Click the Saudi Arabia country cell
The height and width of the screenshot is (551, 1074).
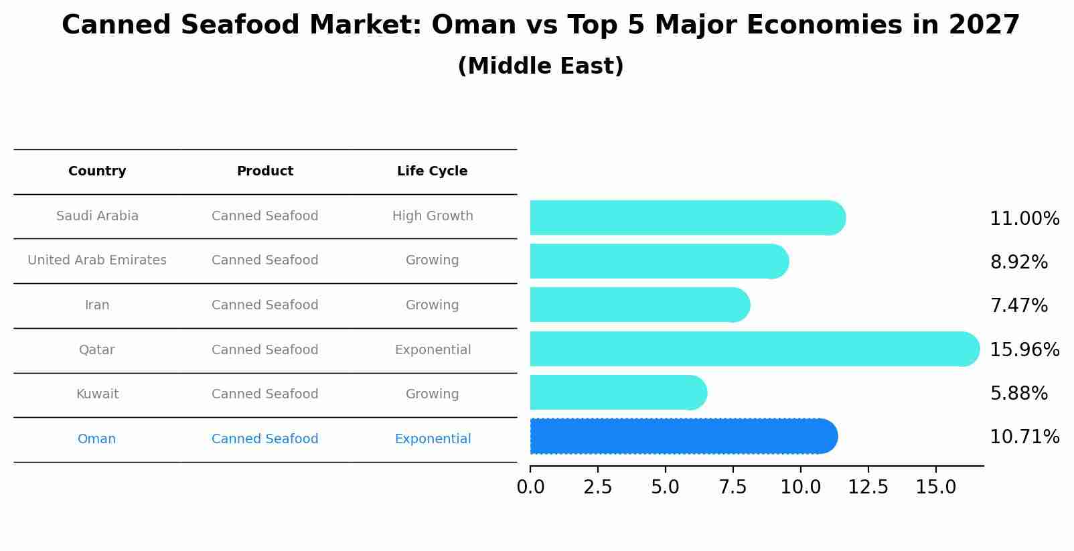point(97,216)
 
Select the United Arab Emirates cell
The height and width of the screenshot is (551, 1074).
point(97,260)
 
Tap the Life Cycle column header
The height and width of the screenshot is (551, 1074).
point(432,171)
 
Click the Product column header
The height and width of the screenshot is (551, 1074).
point(265,171)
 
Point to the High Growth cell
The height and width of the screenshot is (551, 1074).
point(433,216)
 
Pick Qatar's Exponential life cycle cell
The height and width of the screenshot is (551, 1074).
point(433,350)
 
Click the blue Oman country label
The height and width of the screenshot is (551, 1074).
point(96,439)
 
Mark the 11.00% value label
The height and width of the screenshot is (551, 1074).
point(1024,219)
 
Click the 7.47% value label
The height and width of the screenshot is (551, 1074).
point(1018,306)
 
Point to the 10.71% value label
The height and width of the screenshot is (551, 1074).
point(1024,437)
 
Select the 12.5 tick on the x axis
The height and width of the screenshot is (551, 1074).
point(868,487)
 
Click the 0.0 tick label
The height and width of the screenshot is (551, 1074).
point(530,487)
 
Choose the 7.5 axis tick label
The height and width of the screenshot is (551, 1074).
point(733,487)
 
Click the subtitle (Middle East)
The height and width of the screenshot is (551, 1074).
point(540,66)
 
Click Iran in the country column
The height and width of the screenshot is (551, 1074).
point(97,305)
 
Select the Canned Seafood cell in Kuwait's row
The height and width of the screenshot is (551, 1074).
point(265,394)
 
